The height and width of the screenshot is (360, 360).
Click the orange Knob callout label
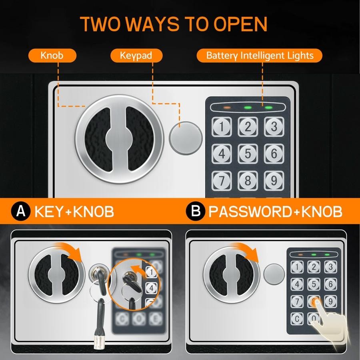[x=52, y=55]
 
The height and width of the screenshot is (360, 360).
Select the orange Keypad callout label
[x=136, y=55]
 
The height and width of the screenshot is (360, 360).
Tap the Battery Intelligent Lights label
[x=260, y=55]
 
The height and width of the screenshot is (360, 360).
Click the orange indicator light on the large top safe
[x=227, y=108]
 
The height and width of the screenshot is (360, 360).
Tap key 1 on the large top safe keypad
[x=222, y=127]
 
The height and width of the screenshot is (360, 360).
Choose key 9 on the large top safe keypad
[x=274, y=180]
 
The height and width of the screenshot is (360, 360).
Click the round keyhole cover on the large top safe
[x=186, y=137]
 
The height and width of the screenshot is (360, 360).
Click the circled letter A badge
[x=20, y=212]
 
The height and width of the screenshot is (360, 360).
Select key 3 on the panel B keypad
[x=330, y=266]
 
